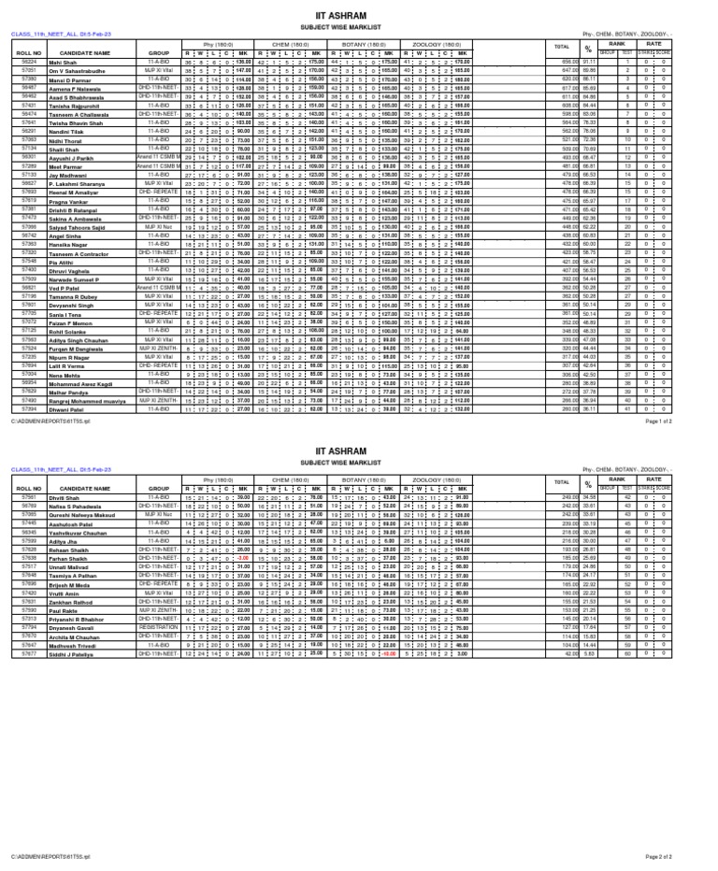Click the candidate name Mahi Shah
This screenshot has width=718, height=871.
(63, 62)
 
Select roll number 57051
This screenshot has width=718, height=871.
(28, 70)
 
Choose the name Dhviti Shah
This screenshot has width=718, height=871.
(65, 523)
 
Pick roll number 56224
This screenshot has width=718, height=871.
(28, 62)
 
